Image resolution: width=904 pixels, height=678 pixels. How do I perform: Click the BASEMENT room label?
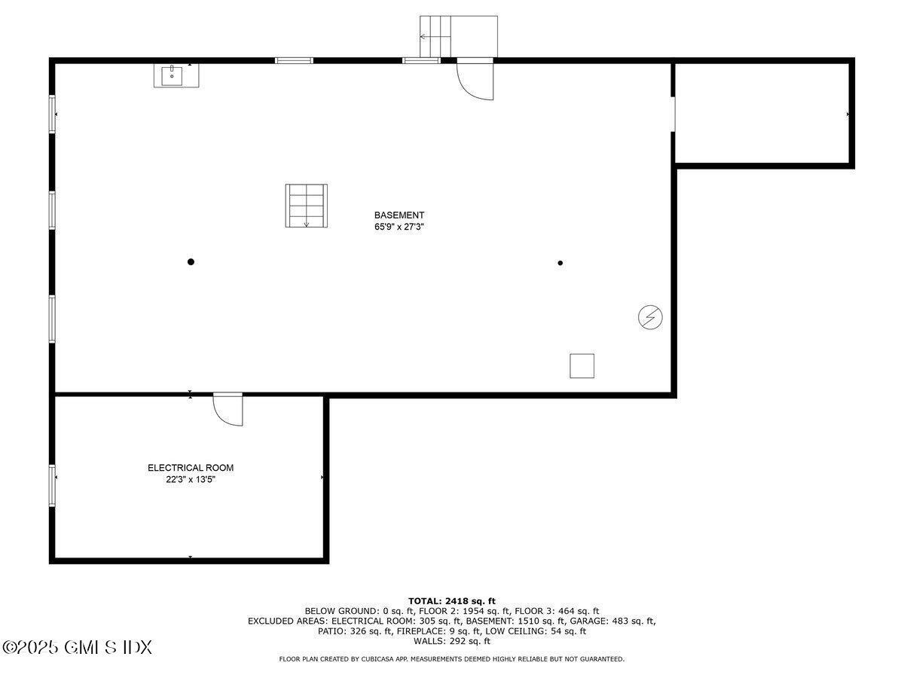[x=399, y=215]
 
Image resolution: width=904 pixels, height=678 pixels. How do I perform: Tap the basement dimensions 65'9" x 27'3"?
[x=399, y=226]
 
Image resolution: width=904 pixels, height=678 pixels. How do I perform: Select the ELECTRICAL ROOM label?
[x=190, y=468]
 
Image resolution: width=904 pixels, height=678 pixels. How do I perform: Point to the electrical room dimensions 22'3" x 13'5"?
[x=190, y=479]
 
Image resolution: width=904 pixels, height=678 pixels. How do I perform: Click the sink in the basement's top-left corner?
[x=177, y=75]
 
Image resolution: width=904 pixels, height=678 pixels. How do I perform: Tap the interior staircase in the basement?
[x=306, y=205]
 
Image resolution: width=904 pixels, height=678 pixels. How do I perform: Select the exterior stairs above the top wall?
[x=458, y=36]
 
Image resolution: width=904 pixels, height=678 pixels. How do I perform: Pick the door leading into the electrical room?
[x=228, y=409]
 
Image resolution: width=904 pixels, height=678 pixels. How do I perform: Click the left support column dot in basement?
[x=191, y=262]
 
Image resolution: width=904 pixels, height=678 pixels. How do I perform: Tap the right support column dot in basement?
[x=560, y=263]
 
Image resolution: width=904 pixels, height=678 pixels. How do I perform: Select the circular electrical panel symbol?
[x=649, y=318]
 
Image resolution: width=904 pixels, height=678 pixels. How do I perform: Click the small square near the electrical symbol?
[x=582, y=365]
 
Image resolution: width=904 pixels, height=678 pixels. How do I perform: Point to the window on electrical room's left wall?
[x=52, y=486]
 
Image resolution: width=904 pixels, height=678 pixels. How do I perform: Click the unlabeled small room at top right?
[x=762, y=113]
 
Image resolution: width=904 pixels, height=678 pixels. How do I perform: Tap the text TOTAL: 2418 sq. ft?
[x=452, y=600]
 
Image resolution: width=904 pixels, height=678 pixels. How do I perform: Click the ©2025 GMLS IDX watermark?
[x=78, y=647]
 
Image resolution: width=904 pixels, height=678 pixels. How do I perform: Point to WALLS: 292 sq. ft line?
[x=452, y=642]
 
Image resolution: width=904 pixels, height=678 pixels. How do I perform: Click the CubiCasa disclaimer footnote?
[x=452, y=659]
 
